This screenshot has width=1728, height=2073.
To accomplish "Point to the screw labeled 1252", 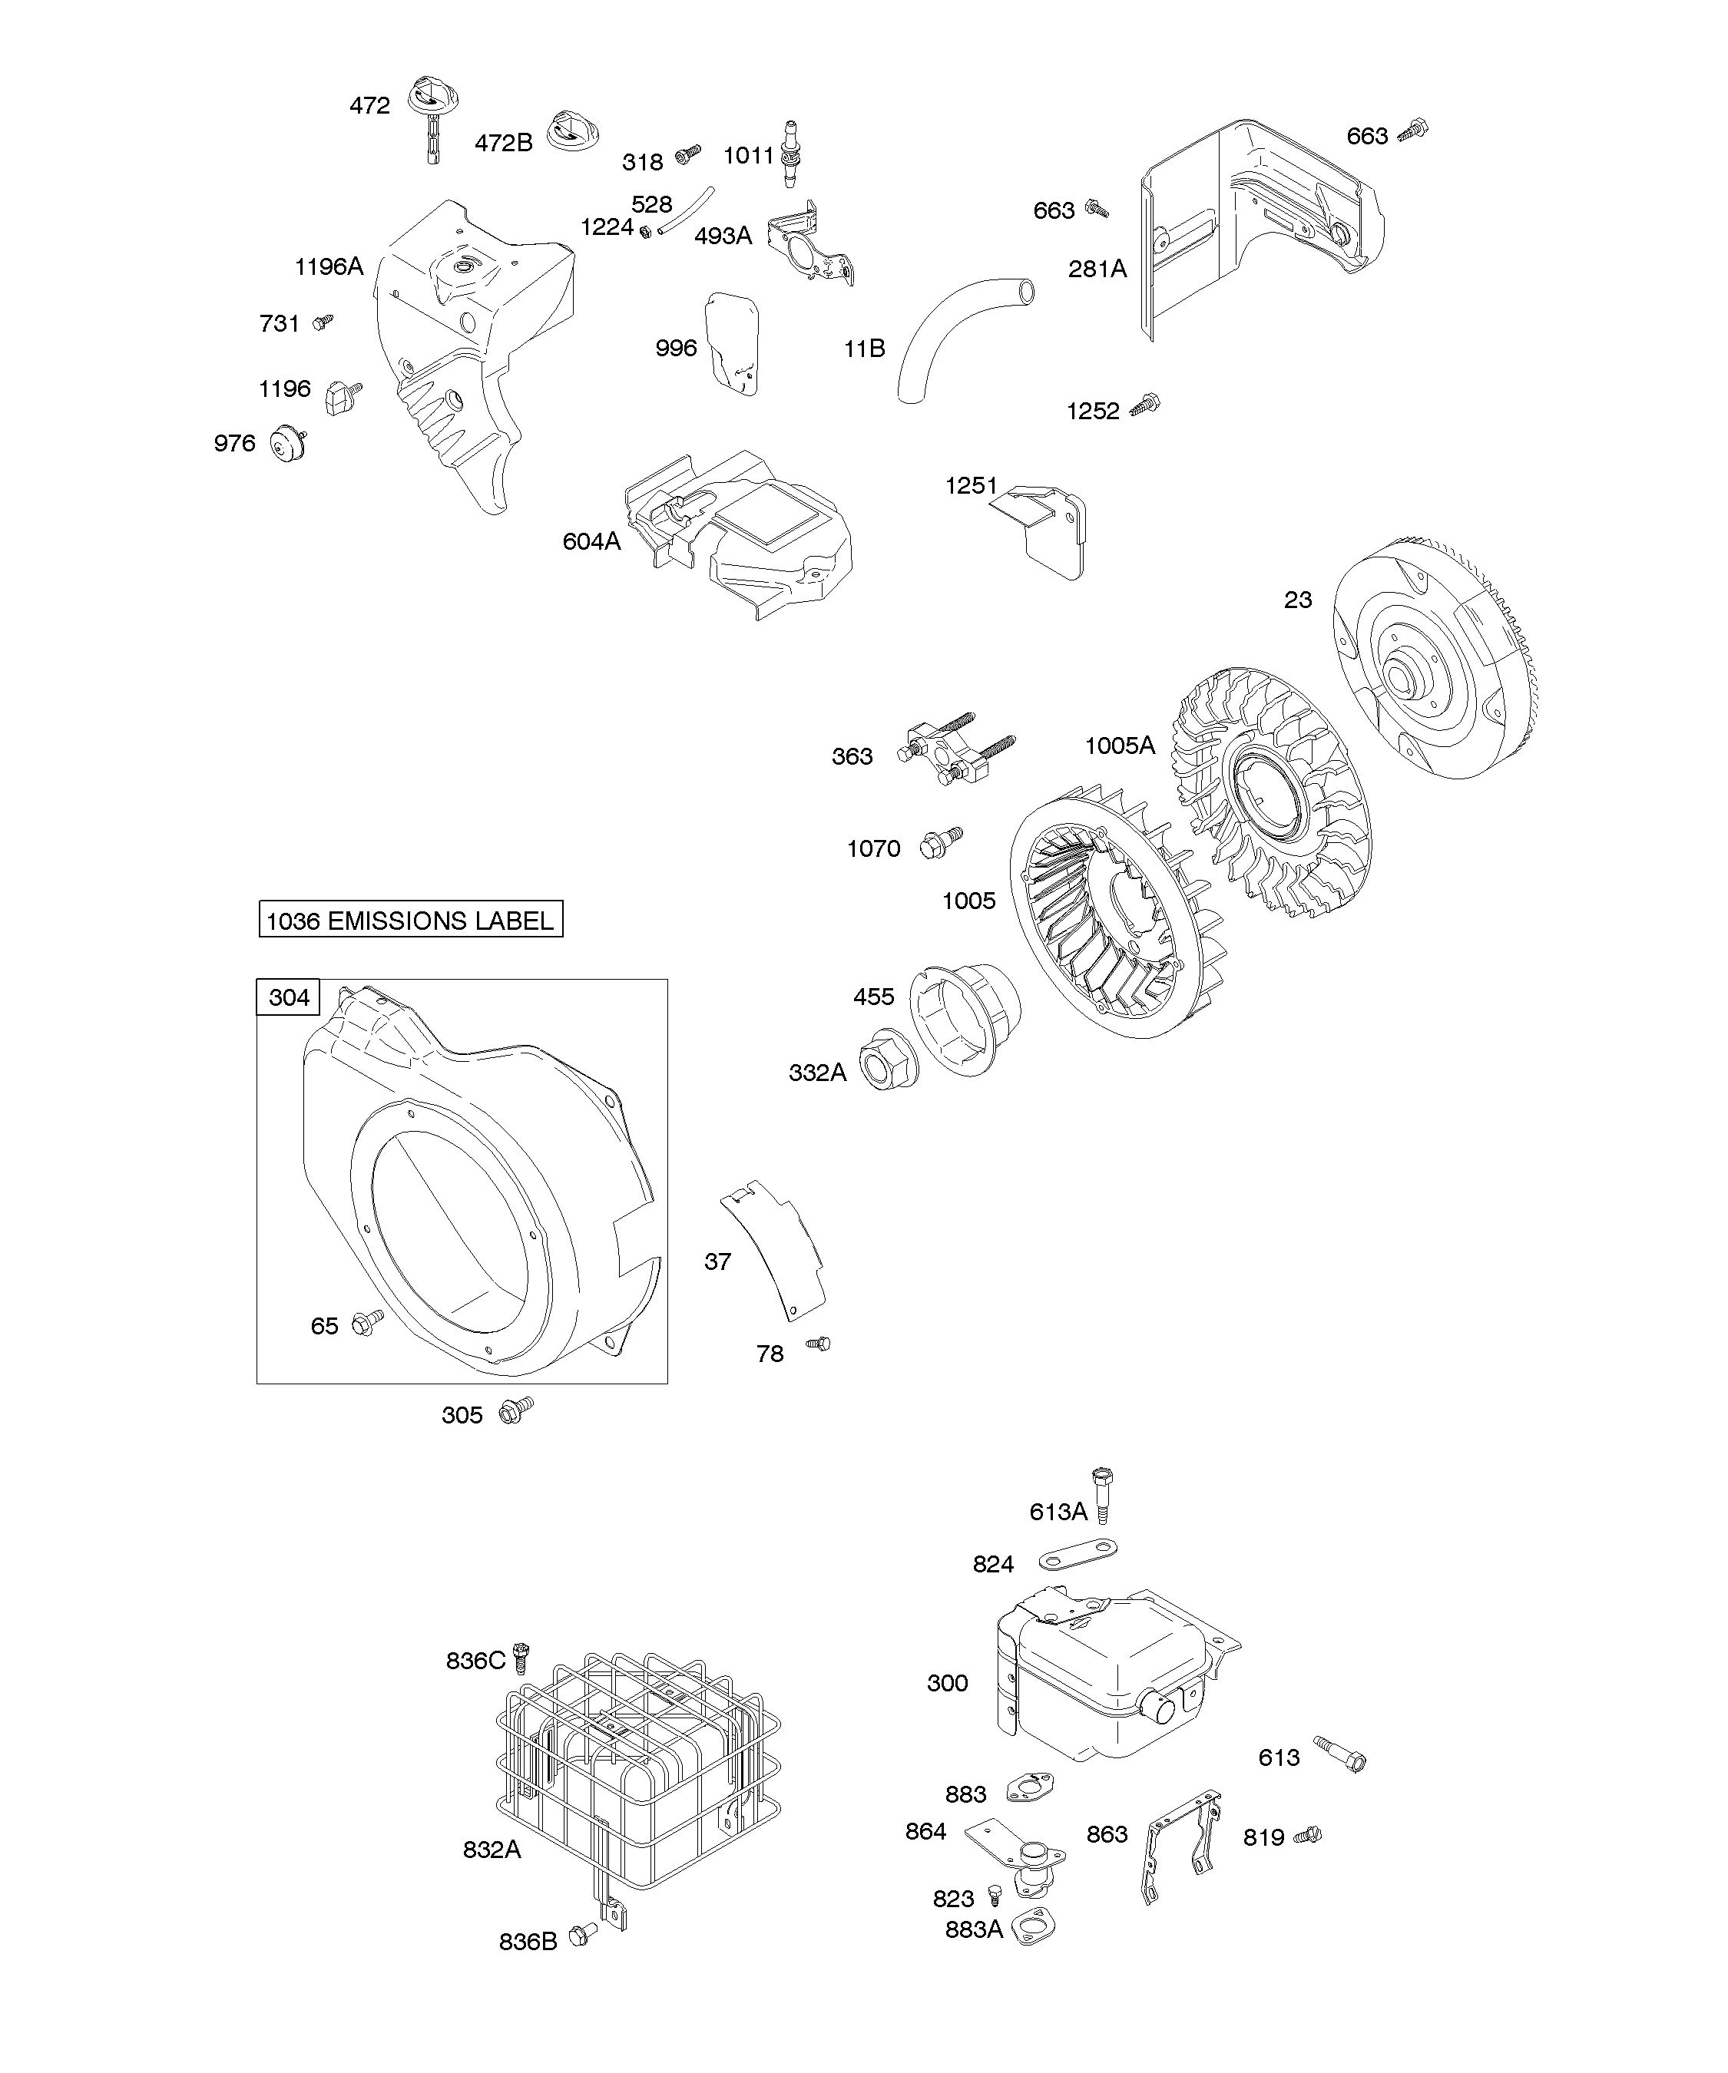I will pyautogui.click(x=1147, y=404).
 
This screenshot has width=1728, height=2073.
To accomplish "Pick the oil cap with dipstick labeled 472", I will pyautogui.click(x=433, y=114).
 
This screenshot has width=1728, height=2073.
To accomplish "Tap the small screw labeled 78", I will pyautogui.click(x=819, y=1344).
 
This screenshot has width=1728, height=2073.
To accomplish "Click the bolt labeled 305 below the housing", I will pyautogui.click(x=515, y=1410).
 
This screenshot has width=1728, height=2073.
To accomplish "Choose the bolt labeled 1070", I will pyautogui.click(x=939, y=842).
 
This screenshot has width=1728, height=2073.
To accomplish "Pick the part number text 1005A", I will pyautogui.click(x=1119, y=746).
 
